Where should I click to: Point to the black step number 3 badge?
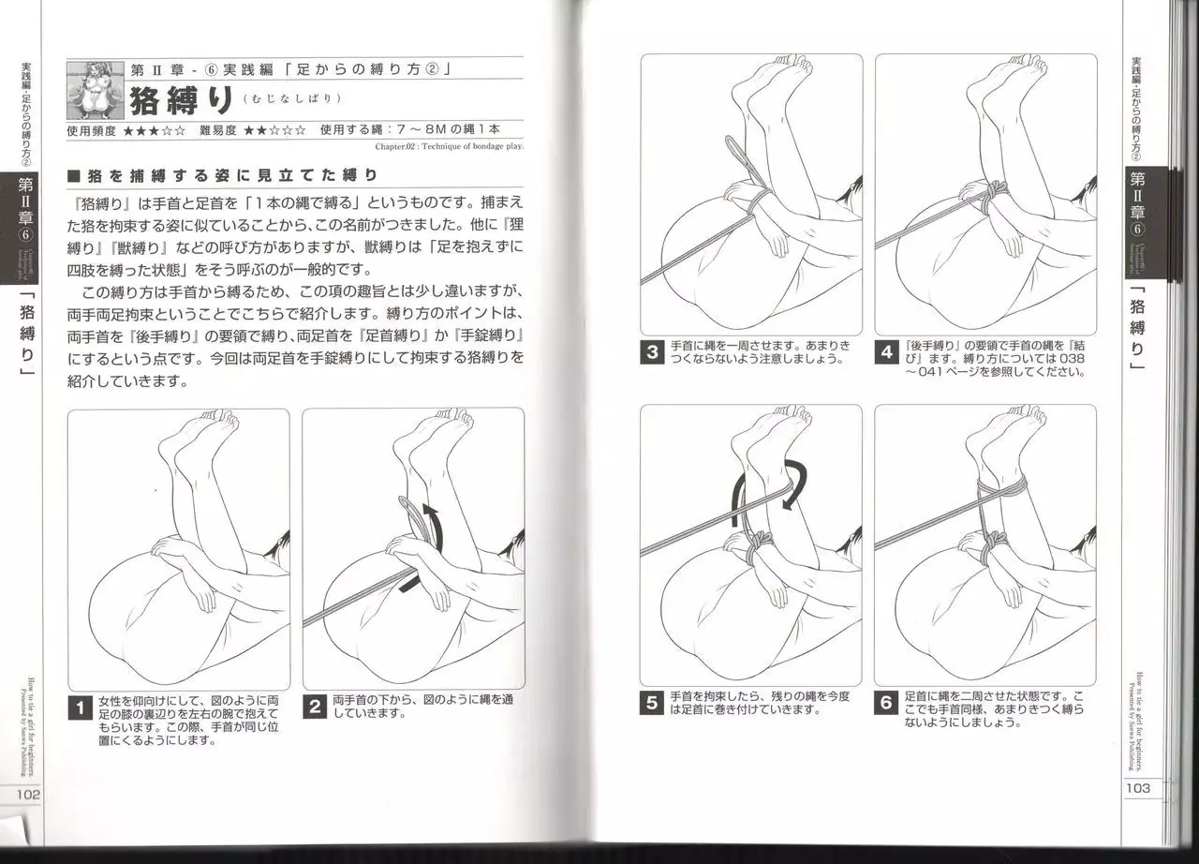pyautogui.click(x=653, y=353)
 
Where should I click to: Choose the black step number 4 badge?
pyautogui.click(x=887, y=353)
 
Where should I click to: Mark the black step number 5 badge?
pyautogui.click(x=653, y=704)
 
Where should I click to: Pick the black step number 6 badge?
pyautogui.click(x=887, y=704)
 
